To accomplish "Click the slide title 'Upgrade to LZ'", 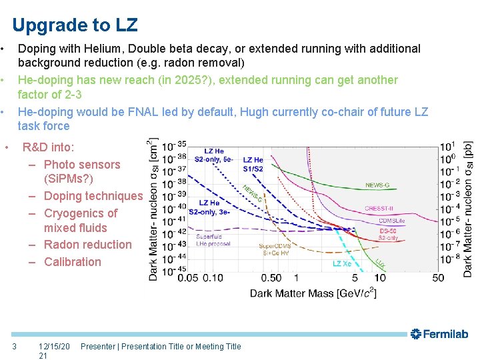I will click(x=75, y=25).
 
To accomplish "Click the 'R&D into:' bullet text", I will click(x=49, y=147).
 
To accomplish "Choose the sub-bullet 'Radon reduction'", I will click(x=87, y=245).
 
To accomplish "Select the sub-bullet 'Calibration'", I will click(x=72, y=262).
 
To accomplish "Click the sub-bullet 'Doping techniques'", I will click(x=93, y=196).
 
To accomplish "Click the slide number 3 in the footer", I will click(x=15, y=346).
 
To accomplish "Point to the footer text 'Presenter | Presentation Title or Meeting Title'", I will click(x=161, y=346).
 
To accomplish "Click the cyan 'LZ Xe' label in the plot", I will click(x=341, y=263).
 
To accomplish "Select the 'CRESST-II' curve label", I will click(x=379, y=208).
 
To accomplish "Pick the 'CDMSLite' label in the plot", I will click(x=393, y=221).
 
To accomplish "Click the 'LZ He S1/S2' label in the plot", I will click(x=253, y=163).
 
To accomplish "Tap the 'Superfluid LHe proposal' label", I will click(x=213, y=240).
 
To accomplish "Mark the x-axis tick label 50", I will click(x=437, y=277).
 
